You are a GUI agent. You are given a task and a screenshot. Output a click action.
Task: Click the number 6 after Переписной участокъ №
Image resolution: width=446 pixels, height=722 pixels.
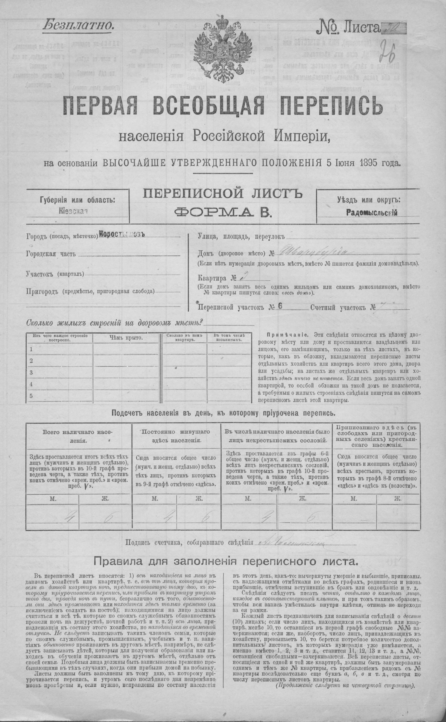coord(279,307)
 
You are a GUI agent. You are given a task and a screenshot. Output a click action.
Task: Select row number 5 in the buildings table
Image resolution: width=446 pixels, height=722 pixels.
coord(31,396)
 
